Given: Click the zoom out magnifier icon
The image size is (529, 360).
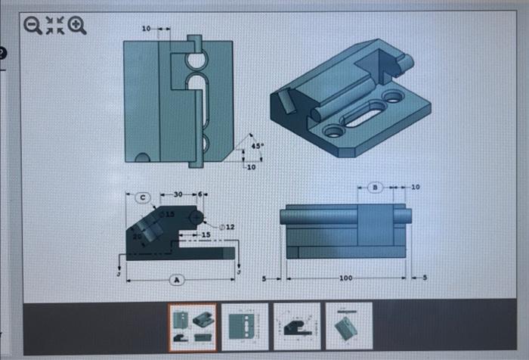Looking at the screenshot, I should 33,26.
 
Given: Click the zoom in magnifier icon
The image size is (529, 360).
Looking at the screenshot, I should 77,26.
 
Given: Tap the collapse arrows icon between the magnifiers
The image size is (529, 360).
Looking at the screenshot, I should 55,26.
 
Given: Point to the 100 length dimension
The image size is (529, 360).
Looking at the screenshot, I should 345,279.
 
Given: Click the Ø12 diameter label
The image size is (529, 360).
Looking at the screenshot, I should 227,227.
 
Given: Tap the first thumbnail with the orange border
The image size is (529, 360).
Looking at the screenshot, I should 191,325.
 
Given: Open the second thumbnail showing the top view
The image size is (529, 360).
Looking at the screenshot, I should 244,325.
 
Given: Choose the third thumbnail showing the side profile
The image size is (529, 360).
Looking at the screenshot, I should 296,325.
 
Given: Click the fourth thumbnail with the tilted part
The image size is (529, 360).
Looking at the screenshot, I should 348,325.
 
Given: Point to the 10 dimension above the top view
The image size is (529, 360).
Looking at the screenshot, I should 147,29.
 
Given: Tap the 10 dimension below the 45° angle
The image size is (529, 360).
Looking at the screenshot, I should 251,167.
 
